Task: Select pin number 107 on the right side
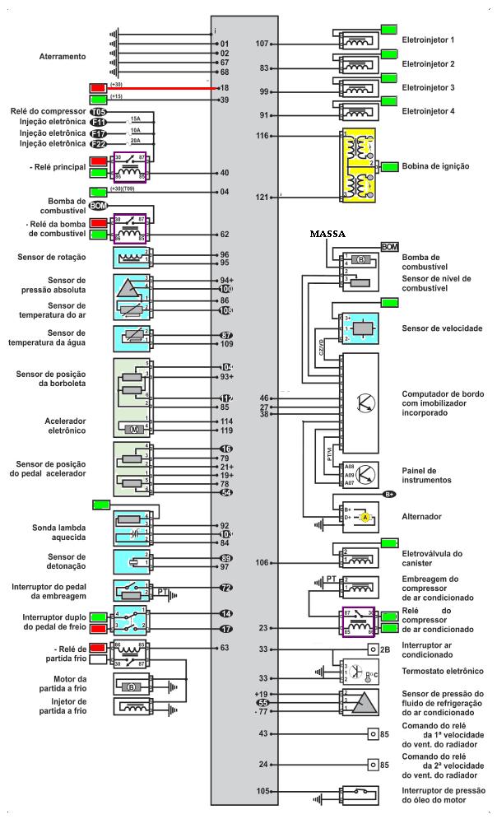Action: coord(263,43)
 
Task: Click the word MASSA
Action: coord(327,234)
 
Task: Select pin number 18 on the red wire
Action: coord(225,86)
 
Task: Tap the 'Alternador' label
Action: coord(422,516)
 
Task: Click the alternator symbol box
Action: coord(355,516)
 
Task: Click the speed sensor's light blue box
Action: coord(355,328)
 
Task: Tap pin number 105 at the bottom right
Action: coord(263,791)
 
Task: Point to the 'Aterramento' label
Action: coord(63,57)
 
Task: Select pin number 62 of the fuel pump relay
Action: coord(225,234)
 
